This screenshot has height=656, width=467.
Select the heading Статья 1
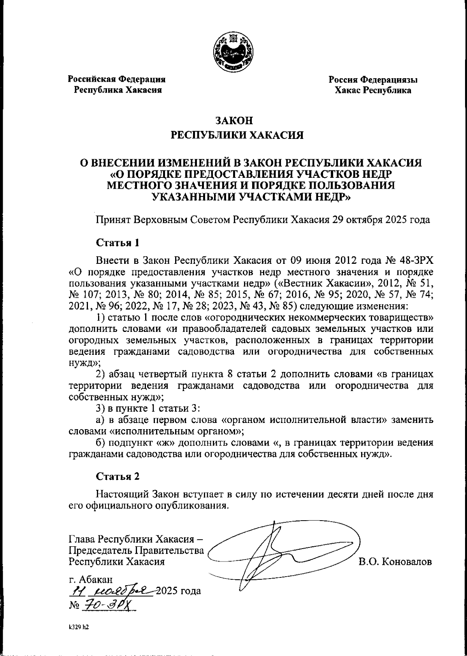tap(117, 243)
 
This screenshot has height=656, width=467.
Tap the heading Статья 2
tap(117, 476)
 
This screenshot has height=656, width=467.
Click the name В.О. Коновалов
tap(395, 562)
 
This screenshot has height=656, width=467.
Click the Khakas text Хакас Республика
tap(373, 90)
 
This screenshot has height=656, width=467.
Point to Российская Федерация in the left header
tap(117, 79)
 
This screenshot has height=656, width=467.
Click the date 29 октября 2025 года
tap(381, 220)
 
